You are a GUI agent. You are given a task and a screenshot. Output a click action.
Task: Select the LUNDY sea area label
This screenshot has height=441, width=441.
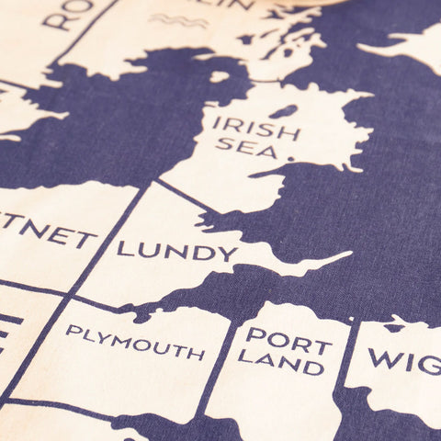[x=176, y=250]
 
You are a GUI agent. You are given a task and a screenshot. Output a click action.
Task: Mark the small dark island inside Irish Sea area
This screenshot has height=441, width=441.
[x=285, y=111]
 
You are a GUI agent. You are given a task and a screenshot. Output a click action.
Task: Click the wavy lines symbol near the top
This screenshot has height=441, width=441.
[x=178, y=20]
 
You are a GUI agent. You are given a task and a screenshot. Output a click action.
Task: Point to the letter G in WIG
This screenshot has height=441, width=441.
[x=430, y=365]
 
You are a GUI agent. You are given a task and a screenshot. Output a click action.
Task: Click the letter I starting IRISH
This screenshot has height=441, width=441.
[x=216, y=122]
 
